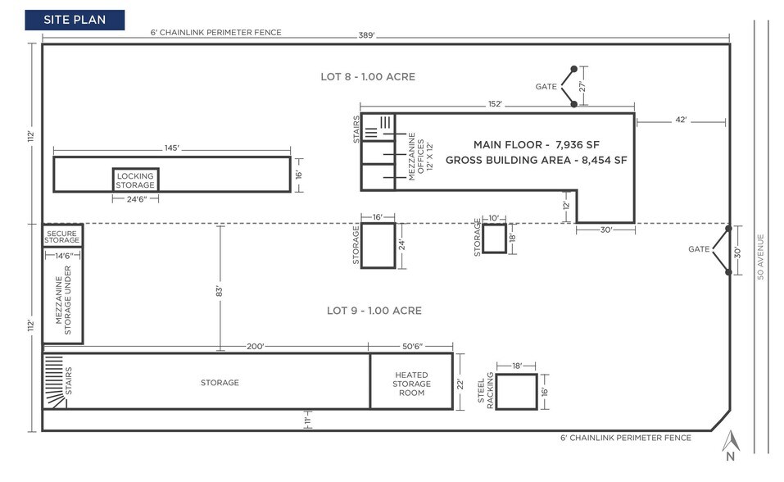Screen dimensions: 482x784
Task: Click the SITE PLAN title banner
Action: pos(75,20)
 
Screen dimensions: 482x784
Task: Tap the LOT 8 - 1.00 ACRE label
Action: pos(368,77)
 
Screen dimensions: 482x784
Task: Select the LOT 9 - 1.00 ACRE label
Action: pos(374,311)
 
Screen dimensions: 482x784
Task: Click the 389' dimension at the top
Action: pos(365,34)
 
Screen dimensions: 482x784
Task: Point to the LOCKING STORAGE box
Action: pos(135,180)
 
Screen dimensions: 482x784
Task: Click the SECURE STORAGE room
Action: pos(62,235)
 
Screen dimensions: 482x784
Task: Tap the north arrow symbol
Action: pos(729,443)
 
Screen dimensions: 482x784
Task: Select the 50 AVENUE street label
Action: pos(760,257)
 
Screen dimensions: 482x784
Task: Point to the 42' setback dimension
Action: pos(680,120)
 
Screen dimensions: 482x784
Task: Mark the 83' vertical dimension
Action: pos(220,289)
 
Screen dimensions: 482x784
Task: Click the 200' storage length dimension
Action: pos(256,347)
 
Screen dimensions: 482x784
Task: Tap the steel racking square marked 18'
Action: pos(516,392)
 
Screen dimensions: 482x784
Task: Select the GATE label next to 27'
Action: pos(546,86)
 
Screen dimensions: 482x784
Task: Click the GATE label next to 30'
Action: pos(699,249)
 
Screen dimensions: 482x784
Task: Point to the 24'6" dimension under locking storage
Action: pos(134,198)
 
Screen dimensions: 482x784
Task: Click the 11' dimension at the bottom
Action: pos(305,421)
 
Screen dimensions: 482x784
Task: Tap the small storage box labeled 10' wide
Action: pos(494,239)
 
